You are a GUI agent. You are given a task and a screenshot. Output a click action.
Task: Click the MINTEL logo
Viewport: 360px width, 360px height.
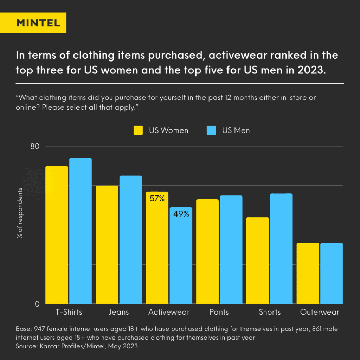point(38,23)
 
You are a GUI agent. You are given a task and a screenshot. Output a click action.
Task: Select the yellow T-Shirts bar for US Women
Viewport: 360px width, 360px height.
point(57,235)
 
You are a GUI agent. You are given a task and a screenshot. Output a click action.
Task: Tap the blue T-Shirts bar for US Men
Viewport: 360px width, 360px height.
point(80,231)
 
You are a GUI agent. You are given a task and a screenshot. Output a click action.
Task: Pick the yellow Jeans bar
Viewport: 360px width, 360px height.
point(107,245)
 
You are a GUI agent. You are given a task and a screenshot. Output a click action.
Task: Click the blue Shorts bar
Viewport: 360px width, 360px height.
point(281,249)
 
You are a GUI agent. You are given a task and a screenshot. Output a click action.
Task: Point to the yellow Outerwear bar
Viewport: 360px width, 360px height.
point(308,273)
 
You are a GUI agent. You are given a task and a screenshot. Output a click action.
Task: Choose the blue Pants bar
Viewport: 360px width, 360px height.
point(231,250)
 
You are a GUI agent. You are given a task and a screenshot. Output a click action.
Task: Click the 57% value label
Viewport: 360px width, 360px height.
point(157,199)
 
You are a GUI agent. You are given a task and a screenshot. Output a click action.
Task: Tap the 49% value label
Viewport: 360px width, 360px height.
point(181,213)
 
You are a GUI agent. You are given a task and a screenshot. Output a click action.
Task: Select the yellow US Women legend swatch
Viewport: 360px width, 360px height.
point(138,130)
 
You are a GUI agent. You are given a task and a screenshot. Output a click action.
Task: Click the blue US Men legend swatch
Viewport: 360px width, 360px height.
point(211,130)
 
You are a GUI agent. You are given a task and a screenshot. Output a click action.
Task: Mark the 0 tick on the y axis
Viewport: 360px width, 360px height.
point(37,304)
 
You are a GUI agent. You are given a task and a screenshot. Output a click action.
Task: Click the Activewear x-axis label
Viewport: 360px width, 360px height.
point(169,312)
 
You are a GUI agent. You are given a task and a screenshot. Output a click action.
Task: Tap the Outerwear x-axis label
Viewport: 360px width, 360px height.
point(320,312)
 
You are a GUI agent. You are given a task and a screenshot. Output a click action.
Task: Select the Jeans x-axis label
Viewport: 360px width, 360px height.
point(119,312)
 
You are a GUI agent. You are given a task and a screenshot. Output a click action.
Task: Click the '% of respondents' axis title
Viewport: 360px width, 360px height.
point(20,213)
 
